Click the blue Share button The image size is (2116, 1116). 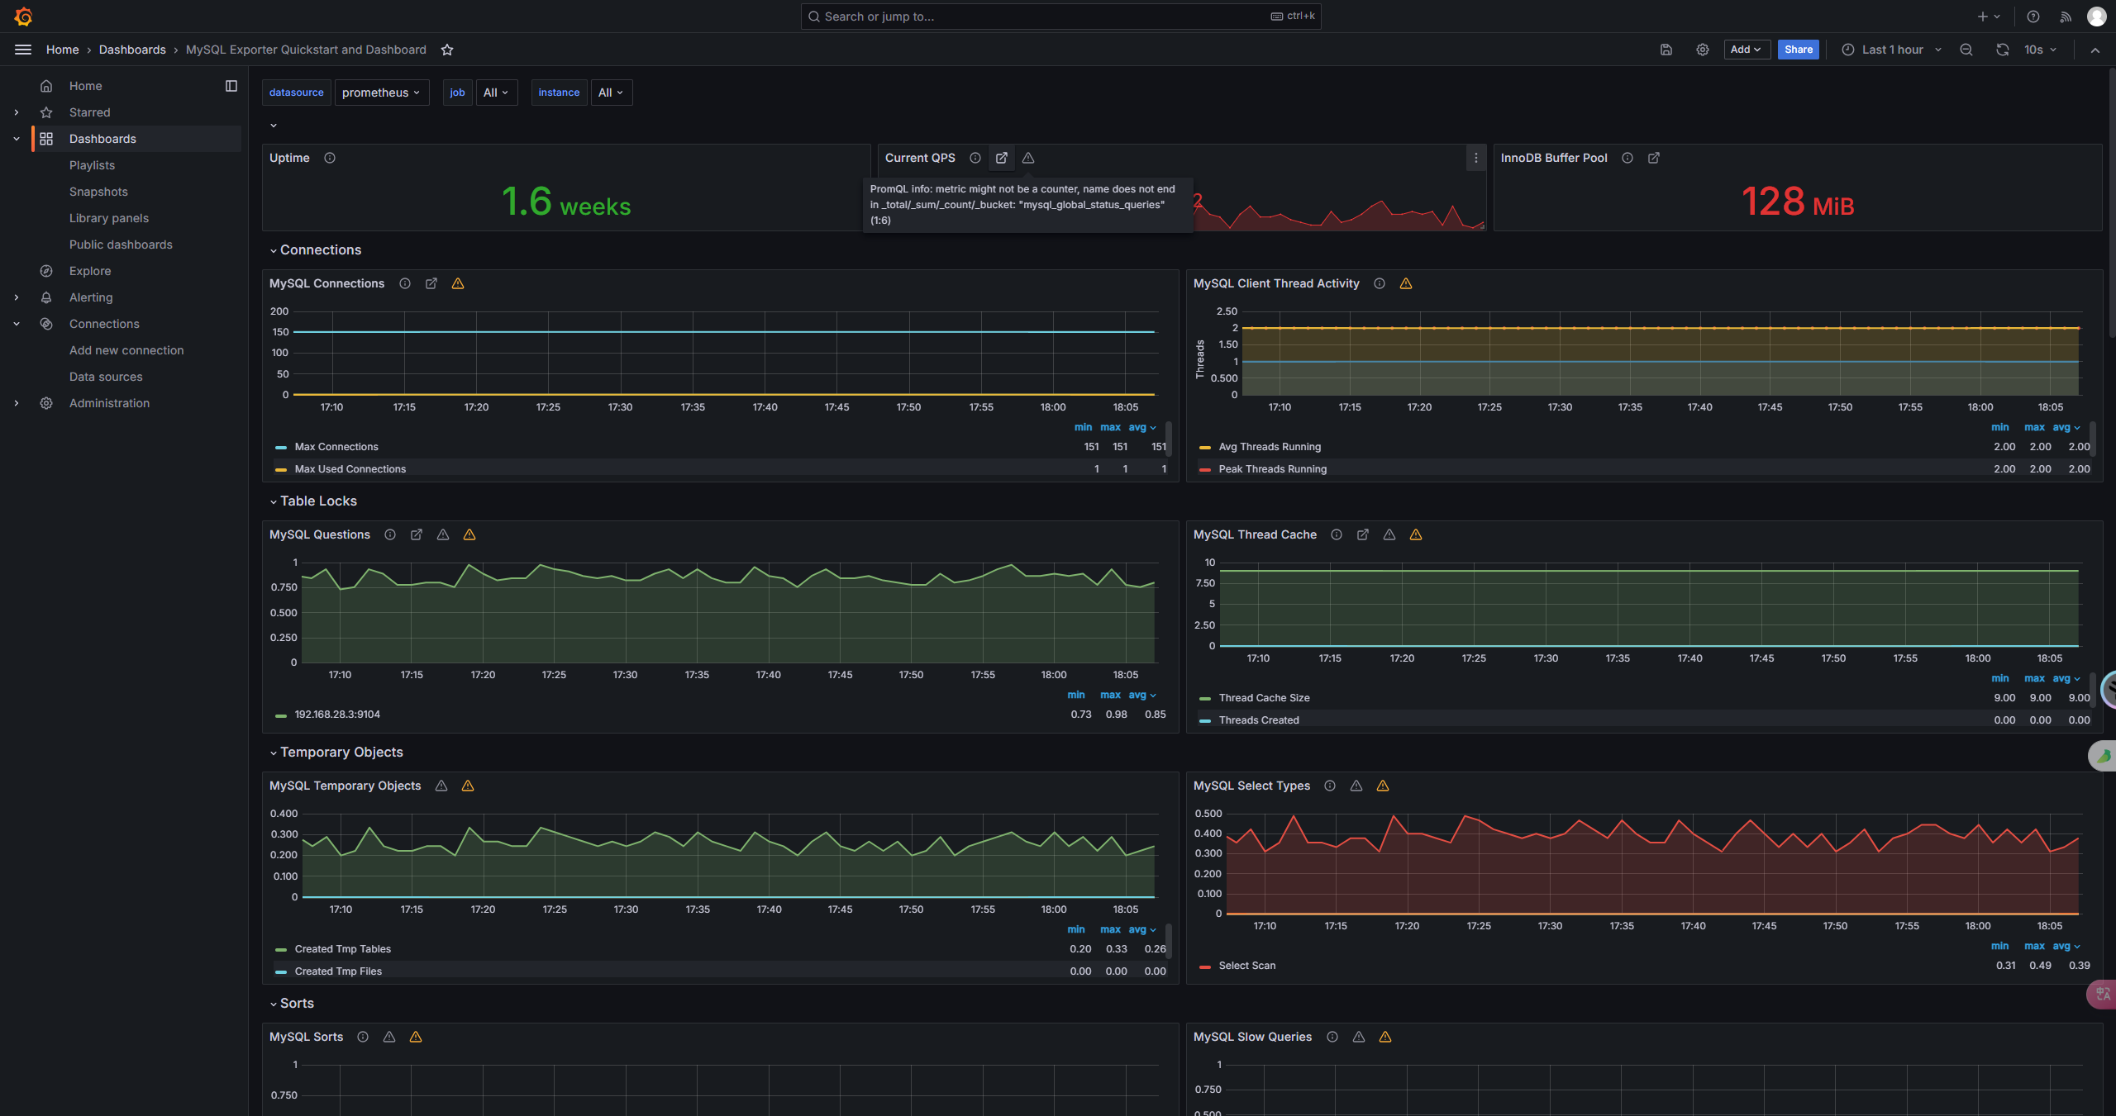(1798, 50)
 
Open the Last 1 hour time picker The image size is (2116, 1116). (1892, 50)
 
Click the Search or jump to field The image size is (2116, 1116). (1060, 17)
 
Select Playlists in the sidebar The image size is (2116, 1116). (92, 165)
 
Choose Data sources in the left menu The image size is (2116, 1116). (106, 377)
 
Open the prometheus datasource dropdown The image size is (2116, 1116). (381, 93)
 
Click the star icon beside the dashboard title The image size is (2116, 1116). (447, 50)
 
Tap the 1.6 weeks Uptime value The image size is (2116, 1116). (566, 202)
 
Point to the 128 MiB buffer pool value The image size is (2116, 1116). (1798, 202)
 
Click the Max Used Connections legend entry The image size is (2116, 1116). (350, 469)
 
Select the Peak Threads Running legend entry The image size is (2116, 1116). (1272, 469)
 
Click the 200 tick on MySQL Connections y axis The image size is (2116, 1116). (279, 311)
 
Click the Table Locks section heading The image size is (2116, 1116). (318, 501)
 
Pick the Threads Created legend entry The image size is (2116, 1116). (1259, 720)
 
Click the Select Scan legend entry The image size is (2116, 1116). (1246, 966)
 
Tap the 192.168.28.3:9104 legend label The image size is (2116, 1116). (337, 715)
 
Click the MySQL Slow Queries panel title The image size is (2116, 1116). (1252, 1037)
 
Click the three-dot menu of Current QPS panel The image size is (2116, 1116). (1475, 158)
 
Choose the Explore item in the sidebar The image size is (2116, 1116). (90, 271)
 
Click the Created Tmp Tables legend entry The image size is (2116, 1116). (342, 949)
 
